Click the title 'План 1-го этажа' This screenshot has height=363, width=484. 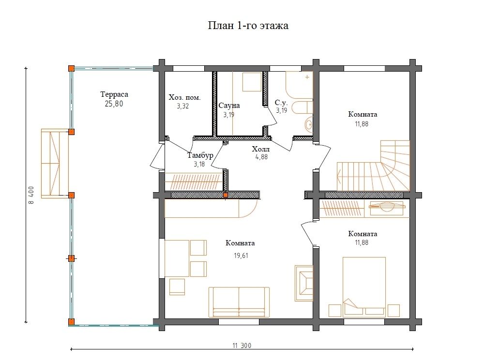pyautogui.click(x=248, y=25)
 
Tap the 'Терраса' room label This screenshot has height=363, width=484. pyautogui.click(x=114, y=94)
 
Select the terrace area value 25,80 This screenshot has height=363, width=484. pyautogui.click(x=114, y=104)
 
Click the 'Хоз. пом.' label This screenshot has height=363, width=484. pyautogui.click(x=184, y=98)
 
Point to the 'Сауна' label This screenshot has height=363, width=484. pyautogui.click(x=229, y=106)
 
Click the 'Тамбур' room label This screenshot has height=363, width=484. pyautogui.click(x=200, y=155)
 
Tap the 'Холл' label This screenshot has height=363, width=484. pyautogui.click(x=261, y=149)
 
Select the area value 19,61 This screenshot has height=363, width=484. pyautogui.click(x=241, y=256)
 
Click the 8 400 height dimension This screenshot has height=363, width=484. pyautogui.click(x=31, y=195)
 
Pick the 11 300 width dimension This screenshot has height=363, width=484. pyautogui.click(x=242, y=346)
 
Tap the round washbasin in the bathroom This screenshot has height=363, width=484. pyautogui.click(x=309, y=125)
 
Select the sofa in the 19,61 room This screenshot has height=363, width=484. pyautogui.click(x=239, y=302)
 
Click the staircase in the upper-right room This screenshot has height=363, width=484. pyautogui.click(x=373, y=166)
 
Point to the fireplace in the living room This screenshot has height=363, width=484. pyautogui.click(x=304, y=283)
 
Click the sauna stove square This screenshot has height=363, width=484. pyautogui.click(x=252, y=82)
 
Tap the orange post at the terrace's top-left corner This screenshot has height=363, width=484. pyautogui.click(x=71, y=69)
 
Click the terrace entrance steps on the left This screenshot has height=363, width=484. pyautogui.click(x=55, y=164)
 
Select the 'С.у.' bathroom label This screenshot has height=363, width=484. pyautogui.click(x=281, y=103)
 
